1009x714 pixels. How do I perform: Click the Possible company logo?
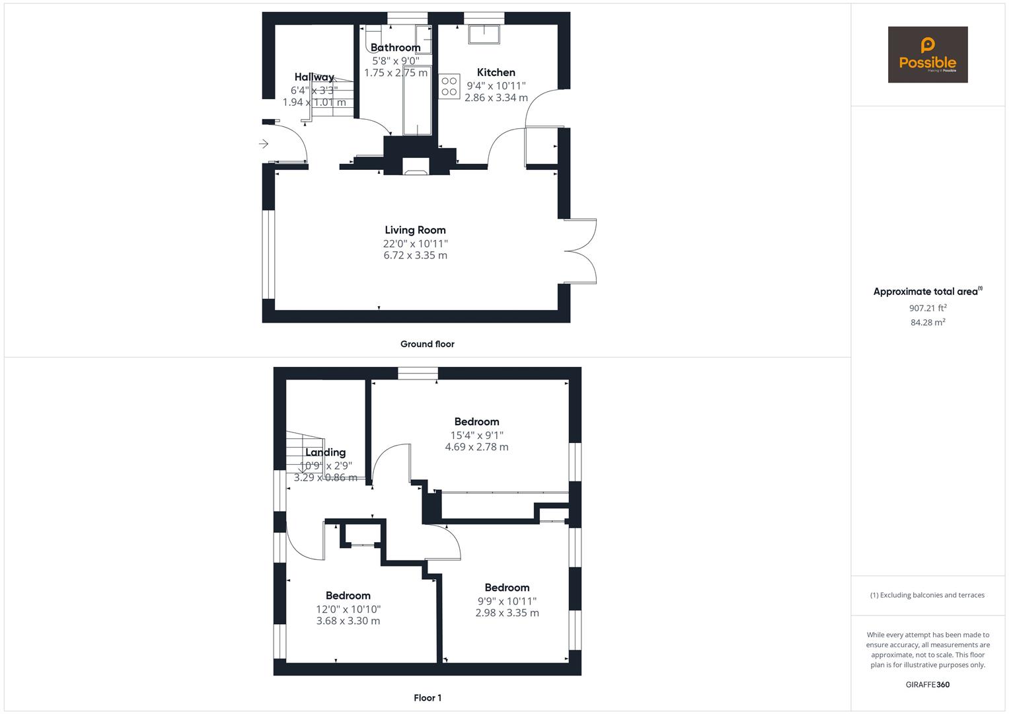click(927, 54)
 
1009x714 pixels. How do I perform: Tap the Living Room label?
click(415, 230)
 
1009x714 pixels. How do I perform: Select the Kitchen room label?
click(496, 73)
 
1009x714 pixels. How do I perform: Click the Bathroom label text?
click(395, 48)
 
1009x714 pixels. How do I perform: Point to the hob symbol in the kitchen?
click(449, 86)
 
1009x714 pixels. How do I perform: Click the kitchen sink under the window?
click(484, 34)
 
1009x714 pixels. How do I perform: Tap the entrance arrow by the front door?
click(264, 143)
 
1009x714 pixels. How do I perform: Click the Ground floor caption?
click(427, 344)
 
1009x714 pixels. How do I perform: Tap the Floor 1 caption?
click(427, 697)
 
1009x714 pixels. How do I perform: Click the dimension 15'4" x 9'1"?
click(476, 435)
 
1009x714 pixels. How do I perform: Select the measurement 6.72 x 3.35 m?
click(415, 255)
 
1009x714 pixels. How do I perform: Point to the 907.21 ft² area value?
click(928, 308)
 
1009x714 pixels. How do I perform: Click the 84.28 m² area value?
click(928, 323)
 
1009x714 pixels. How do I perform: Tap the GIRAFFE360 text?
click(927, 684)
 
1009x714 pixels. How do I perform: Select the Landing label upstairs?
click(325, 453)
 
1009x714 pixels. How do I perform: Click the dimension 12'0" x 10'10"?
click(348, 609)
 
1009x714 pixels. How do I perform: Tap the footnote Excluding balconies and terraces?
click(927, 595)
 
